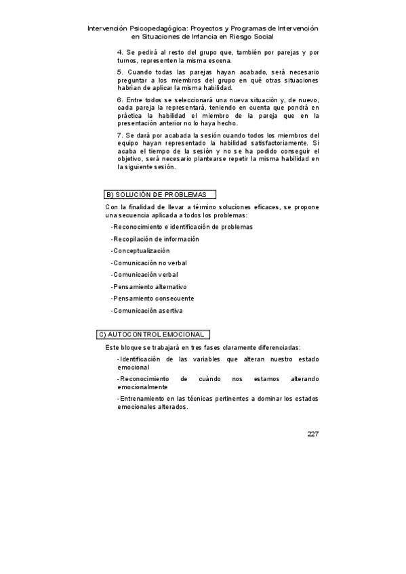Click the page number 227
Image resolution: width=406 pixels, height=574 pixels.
point(312,434)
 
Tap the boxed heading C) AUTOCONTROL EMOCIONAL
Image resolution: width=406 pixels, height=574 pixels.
point(153,334)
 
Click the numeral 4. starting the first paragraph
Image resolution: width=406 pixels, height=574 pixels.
point(120,52)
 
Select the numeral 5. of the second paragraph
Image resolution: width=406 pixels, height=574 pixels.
point(120,72)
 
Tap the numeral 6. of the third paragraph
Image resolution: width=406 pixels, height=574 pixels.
point(120,100)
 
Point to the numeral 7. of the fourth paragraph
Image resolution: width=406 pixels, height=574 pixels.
point(120,135)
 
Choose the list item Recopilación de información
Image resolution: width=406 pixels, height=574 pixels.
point(156,239)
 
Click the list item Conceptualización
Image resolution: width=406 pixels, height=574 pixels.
point(141,251)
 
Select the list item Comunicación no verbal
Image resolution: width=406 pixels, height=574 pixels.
point(150,263)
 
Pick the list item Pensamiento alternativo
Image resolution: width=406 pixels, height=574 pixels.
point(150,287)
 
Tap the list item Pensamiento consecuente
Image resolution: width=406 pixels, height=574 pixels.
point(153,299)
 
